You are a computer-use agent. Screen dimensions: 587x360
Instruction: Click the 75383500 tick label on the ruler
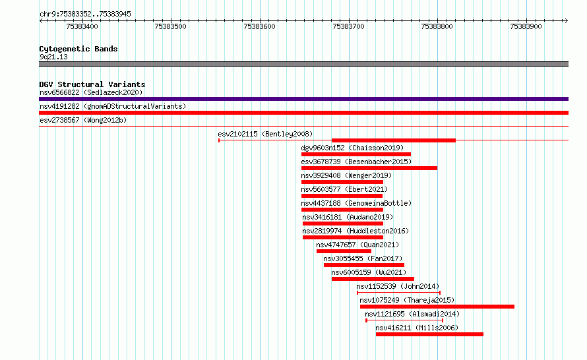pyautogui.click(x=170, y=26)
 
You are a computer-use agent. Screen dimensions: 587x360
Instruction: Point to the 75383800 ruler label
pyautogui.click(x=437, y=26)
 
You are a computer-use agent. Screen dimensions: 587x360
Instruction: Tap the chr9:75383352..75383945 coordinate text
pyautogui.click(x=85, y=15)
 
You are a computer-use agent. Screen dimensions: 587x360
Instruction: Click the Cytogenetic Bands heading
pyautogui.click(x=78, y=49)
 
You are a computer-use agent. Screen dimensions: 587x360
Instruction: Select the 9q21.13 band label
pyautogui.click(x=53, y=57)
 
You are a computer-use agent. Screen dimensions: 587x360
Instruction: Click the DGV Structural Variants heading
pyautogui.click(x=92, y=84)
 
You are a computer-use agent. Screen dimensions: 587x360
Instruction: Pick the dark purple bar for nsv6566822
pyautogui.click(x=303, y=99)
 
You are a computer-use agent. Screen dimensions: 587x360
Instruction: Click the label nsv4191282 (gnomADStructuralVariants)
pyautogui.click(x=113, y=106)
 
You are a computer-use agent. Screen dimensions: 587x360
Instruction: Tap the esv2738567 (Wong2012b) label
pyautogui.click(x=83, y=120)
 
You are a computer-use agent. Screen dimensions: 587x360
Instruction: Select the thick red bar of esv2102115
pyautogui.click(x=394, y=140)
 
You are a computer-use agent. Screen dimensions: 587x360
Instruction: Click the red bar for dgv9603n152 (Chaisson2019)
pyautogui.click(x=356, y=154)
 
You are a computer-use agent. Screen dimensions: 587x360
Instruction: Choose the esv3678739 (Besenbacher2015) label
pyautogui.click(x=356, y=162)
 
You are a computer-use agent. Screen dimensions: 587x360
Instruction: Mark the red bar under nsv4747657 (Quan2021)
pyautogui.click(x=344, y=251)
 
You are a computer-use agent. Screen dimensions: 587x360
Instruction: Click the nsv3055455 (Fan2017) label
pyautogui.click(x=363, y=258)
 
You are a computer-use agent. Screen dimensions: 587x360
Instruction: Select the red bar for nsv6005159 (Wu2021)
pyautogui.click(x=373, y=279)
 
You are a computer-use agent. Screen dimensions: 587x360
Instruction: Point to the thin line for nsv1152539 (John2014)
pyautogui.click(x=398, y=293)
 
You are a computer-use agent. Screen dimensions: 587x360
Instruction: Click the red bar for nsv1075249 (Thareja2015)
pyautogui.click(x=437, y=307)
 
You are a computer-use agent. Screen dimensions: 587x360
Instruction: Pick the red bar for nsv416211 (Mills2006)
pyautogui.click(x=429, y=334)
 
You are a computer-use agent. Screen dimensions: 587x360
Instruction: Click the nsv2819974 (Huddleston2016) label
pyautogui.click(x=355, y=231)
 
